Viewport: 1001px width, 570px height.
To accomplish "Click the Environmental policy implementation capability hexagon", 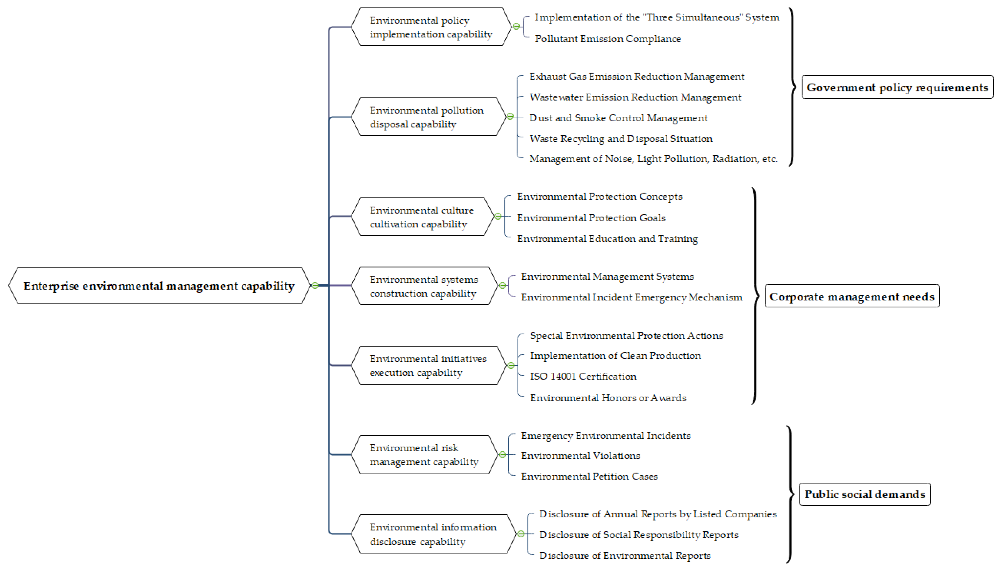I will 430,27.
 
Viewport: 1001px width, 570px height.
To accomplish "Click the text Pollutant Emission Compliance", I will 607,39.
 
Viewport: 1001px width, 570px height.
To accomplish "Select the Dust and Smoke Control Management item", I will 618,118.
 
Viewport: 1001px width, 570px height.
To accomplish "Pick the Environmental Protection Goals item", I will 591,218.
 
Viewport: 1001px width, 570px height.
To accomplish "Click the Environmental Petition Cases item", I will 589,476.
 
